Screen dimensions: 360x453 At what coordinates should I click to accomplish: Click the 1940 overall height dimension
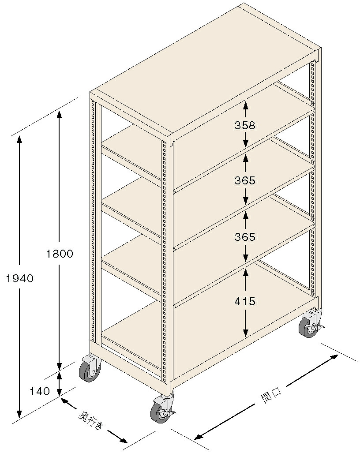(20, 278)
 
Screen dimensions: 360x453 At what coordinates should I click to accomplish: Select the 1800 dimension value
(60, 254)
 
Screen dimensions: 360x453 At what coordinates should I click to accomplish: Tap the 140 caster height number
(40, 391)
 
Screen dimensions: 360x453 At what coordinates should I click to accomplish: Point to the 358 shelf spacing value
(245, 125)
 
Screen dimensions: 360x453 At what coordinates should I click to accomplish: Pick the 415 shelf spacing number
(245, 302)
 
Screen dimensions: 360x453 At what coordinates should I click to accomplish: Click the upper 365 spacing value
(245, 180)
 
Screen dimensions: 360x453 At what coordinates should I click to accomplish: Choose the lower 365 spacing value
(245, 237)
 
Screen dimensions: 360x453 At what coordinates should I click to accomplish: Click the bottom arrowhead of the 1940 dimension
(19, 415)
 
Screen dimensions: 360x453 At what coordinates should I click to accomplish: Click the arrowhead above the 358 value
(246, 105)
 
